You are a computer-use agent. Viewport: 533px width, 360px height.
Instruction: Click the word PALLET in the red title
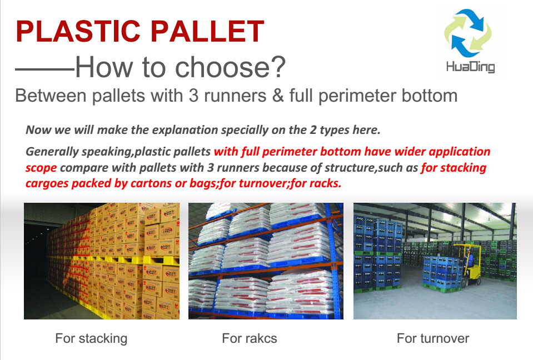[207, 31]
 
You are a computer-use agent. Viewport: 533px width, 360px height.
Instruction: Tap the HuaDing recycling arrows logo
[468, 33]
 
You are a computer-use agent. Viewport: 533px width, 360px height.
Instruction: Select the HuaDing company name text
[470, 67]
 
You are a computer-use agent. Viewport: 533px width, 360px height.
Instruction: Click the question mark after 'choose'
[278, 67]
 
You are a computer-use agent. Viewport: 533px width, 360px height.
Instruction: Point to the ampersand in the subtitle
[278, 96]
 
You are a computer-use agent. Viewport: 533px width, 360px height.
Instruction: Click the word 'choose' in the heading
[223, 67]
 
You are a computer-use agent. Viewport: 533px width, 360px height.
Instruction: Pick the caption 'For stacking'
[91, 338]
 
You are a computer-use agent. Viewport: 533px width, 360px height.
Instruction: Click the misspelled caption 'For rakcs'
[249, 338]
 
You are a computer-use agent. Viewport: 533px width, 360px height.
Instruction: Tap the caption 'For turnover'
[433, 338]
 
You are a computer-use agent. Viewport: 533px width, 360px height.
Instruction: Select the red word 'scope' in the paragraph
[41, 168]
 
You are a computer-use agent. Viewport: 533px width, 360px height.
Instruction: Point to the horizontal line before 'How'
[45, 69]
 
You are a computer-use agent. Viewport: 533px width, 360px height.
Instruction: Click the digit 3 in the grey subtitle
[193, 96]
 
